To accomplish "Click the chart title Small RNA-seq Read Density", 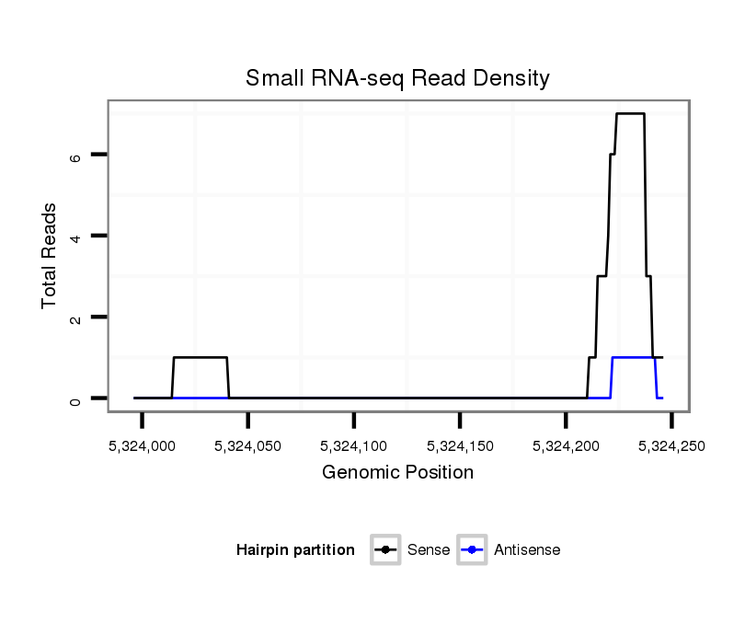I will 397,78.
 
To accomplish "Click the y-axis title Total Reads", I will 50,256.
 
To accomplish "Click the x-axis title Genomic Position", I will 397,473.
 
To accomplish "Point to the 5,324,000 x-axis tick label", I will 142,445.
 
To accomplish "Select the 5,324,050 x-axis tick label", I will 248,445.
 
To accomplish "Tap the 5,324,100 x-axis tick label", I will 354,445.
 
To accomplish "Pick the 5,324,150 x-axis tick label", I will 460,445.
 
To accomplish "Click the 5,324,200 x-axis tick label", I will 566,445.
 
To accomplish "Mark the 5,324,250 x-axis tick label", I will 671,445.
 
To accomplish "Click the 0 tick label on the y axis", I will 75,398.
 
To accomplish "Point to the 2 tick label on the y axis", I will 75,317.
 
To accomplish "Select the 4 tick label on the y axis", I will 75,237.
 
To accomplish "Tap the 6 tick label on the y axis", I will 75,156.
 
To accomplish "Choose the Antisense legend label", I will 527,550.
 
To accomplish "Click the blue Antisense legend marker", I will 471,550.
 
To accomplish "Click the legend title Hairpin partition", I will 295,550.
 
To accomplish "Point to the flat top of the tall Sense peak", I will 630,114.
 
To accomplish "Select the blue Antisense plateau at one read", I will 633,357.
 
